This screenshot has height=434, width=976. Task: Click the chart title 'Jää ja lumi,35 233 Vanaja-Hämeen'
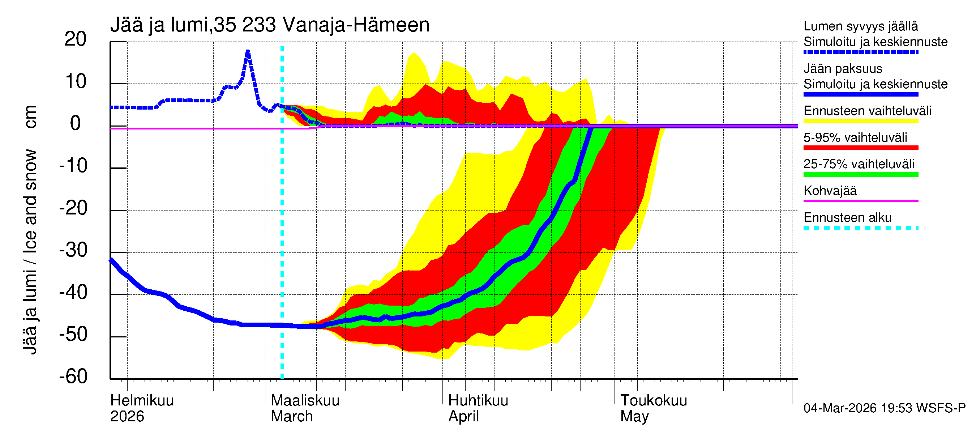[x=270, y=25]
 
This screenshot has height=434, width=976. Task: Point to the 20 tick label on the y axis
[x=76, y=39]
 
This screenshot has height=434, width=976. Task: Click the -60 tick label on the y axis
[x=73, y=376]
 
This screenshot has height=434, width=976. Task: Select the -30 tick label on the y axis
[x=73, y=250]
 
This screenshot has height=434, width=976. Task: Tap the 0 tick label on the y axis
[x=76, y=124]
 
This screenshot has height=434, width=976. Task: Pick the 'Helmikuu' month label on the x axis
[x=142, y=400]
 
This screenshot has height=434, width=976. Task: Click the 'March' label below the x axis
[x=292, y=416]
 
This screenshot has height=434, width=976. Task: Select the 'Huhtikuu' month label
[x=478, y=400]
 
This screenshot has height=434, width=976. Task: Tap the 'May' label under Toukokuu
[x=634, y=416]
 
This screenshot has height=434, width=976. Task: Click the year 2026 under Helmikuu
[x=127, y=416]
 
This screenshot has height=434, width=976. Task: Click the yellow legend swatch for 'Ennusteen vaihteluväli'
[x=860, y=121]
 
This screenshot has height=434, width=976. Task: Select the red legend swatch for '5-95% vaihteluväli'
[x=860, y=148]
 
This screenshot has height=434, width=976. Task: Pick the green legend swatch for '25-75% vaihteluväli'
[x=860, y=174]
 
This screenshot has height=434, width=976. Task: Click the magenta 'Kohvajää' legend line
[x=860, y=201]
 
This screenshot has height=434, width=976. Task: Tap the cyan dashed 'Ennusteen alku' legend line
[x=860, y=228]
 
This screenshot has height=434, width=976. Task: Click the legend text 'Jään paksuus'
[x=843, y=69]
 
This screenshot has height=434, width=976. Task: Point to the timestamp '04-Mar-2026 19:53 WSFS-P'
[x=884, y=408]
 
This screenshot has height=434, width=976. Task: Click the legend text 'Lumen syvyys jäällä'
[x=860, y=26]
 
